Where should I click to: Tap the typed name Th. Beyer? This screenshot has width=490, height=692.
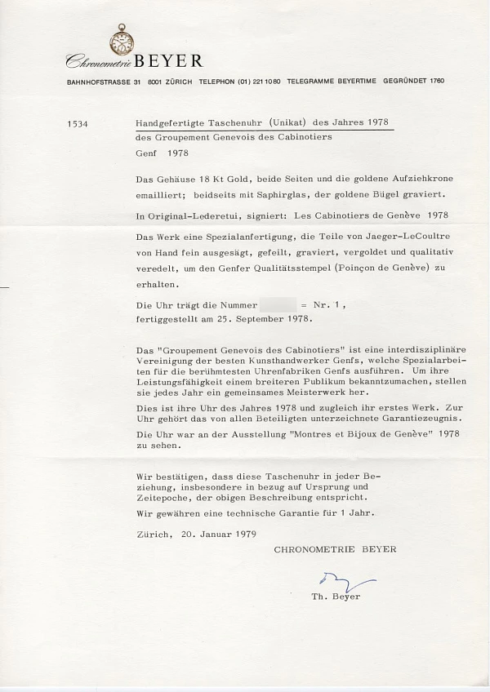336,597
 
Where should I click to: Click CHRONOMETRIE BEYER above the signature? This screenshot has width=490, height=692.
335,549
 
